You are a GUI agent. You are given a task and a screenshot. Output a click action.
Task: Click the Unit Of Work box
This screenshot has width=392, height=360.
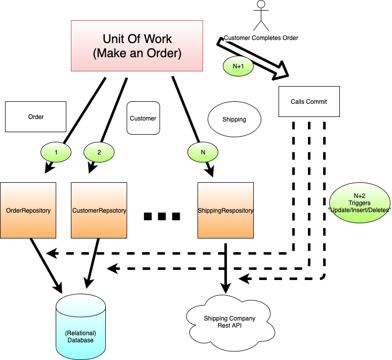click(137, 46)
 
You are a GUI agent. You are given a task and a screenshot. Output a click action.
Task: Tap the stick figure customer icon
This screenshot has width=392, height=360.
click(261, 15)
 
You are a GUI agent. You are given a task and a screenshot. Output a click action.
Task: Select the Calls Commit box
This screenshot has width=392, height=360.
click(309, 102)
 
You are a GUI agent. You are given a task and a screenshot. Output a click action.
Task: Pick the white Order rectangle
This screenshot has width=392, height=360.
click(36, 117)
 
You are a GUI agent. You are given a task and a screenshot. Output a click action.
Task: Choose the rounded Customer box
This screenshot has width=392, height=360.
click(143, 118)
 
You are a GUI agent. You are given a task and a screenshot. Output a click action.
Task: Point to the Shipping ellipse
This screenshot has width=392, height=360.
click(234, 120)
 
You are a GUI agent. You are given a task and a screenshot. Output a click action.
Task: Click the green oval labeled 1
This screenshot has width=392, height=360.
click(56, 150)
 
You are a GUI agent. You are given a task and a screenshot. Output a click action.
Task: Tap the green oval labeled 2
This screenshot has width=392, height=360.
click(99, 150)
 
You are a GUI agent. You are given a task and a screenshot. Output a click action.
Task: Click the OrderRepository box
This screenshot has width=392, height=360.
click(28, 211)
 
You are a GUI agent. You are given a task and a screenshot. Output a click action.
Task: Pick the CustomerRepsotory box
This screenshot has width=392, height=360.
click(99, 211)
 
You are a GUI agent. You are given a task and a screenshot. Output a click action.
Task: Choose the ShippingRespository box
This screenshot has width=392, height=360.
click(225, 211)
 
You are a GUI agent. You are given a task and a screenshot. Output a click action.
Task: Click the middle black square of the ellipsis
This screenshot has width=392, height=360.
click(162, 217)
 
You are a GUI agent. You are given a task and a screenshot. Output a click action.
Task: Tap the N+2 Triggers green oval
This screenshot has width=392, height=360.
click(360, 203)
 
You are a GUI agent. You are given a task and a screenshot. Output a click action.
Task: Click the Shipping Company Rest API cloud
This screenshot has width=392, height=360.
click(229, 323)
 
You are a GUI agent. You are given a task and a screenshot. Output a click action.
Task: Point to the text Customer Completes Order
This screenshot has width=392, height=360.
click(261, 38)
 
